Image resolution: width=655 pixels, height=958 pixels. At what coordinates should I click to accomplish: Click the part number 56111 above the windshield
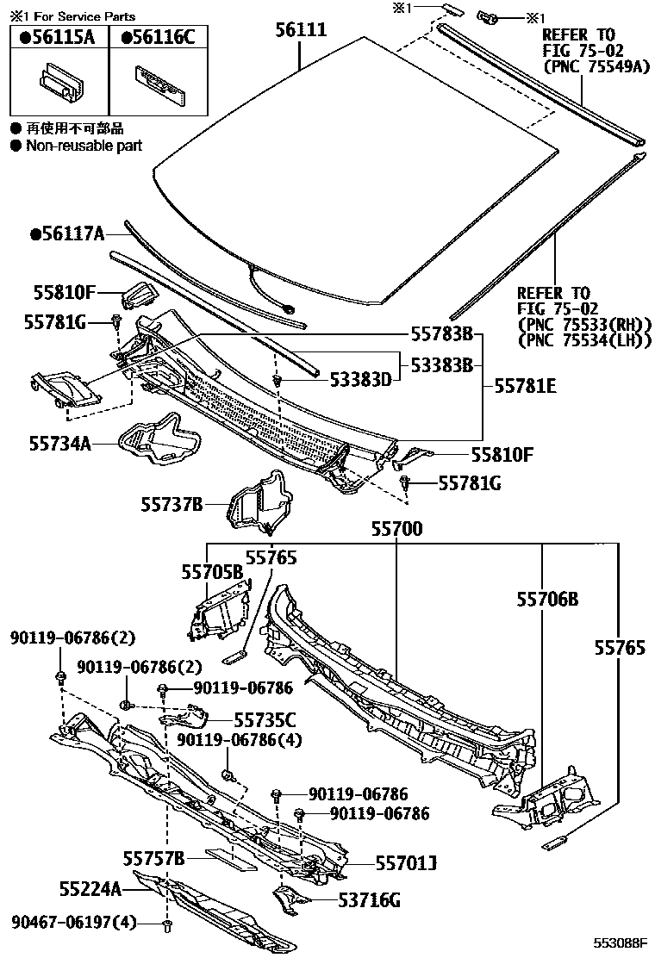[301, 30]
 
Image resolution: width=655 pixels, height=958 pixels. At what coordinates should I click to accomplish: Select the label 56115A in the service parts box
[59, 37]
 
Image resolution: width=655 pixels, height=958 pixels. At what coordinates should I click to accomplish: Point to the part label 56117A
[67, 233]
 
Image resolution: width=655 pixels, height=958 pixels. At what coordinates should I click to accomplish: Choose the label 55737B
[172, 503]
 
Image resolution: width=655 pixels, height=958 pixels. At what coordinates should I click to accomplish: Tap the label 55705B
[212, 570]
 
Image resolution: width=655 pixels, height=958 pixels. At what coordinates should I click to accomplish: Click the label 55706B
[547, 598]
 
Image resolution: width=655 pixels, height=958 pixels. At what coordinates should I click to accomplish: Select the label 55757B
[154, 858]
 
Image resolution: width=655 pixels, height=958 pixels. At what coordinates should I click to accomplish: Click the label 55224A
[90, 887]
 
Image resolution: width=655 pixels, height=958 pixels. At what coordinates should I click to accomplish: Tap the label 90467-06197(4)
[75, 923]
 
